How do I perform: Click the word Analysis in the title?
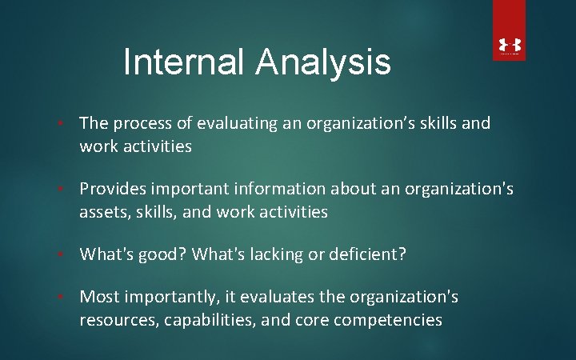[x=326, y=62]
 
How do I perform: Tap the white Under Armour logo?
[x=510, y=47]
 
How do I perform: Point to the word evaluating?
[x=232, y=124]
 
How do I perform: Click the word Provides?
[x=113, y=190]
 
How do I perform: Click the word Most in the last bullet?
[x=98, y=298]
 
